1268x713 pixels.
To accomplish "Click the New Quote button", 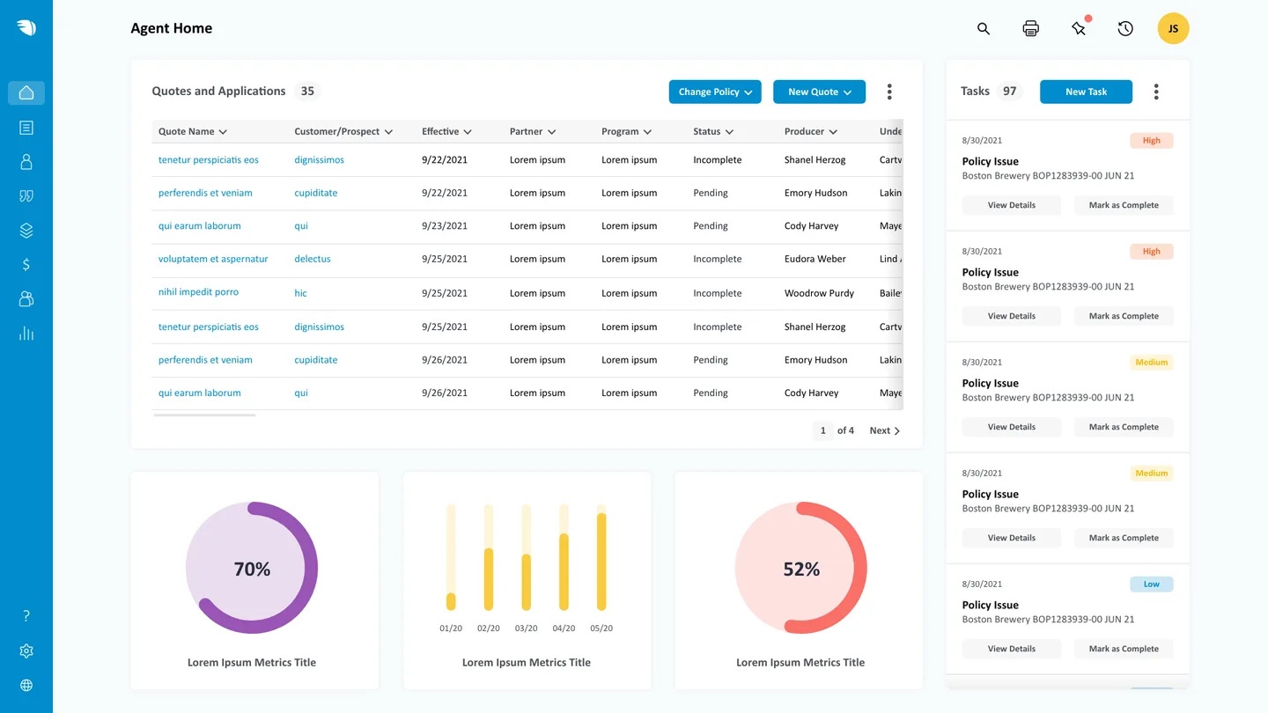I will (x=819, y=92).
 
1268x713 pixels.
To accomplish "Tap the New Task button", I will (x=1086, y=92).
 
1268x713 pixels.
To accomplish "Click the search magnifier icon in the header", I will (x=984, y=29).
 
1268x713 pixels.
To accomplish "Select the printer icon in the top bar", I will (x=1030, y=29).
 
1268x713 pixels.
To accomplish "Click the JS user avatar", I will (x=1173, y=29).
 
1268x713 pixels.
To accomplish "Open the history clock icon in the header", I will (x=1125, y=29).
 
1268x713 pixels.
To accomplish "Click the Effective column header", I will (x=446, y=132).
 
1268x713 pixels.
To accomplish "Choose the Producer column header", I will (x=810, y=132).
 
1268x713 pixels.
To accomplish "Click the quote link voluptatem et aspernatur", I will (x=213, y=260).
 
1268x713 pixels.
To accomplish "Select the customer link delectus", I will (x=313, y=260).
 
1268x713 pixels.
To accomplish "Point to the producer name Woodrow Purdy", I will (x=819, y=293).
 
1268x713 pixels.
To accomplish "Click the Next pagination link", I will (x=884, y=430).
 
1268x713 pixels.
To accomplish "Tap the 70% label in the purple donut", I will (x=252, y=570).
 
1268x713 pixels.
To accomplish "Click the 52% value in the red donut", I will (x=801, y=570).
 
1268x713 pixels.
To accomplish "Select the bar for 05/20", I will (x=601, y=562).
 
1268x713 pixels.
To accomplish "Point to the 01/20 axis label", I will (x=451, y=628).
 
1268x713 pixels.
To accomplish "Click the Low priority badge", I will (x=1151, y=584).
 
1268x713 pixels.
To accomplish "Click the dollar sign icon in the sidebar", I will (x=26, y=265).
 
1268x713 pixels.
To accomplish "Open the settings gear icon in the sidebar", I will (x=26, y=651).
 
